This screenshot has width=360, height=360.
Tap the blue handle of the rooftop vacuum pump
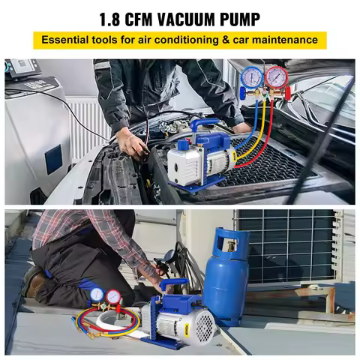coord(175,285)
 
